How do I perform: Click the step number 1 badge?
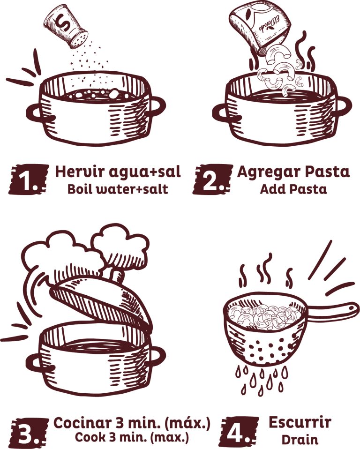pos(28,180)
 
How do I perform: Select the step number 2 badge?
pos(212,180)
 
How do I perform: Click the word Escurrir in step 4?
pos(300,422)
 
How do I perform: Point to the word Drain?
pos(300,440)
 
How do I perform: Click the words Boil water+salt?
pos(118,189)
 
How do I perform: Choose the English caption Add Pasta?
pos(293,189)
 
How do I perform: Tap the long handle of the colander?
pos(332,311)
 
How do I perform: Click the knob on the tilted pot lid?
pos(117,274)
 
